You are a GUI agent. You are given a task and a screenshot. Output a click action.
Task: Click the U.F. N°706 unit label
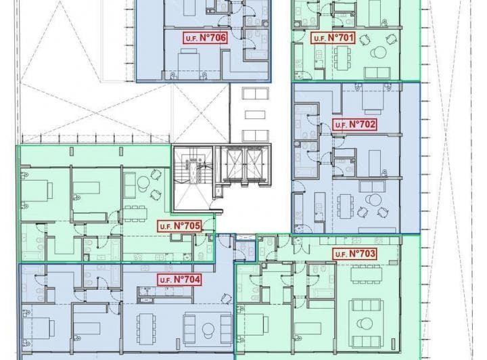(205, 38)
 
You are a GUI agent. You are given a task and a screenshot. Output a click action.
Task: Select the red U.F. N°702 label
(354, 125)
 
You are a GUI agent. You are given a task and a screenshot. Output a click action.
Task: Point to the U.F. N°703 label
(354, 254)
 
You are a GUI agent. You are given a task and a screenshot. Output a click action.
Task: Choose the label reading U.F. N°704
(179, 279)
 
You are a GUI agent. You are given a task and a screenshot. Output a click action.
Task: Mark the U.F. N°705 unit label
(179, 226)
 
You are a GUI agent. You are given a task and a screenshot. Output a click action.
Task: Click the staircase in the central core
(193, 178)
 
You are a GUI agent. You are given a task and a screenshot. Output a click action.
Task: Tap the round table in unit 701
(379, 52)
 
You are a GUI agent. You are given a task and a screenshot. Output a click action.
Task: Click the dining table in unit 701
(342, 58)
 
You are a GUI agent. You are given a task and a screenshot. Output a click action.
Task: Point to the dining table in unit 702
(345, 206)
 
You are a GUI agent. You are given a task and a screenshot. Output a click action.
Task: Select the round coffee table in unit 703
(367, 324)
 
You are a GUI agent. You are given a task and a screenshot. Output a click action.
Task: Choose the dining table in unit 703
(367, 274)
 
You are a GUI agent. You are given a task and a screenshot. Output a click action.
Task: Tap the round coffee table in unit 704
(208, 330)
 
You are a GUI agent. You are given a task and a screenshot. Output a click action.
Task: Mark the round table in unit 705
(143, 183)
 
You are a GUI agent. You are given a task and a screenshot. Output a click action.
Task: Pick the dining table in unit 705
(135, 213)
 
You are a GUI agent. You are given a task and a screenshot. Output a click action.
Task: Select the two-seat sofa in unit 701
(377, 72)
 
